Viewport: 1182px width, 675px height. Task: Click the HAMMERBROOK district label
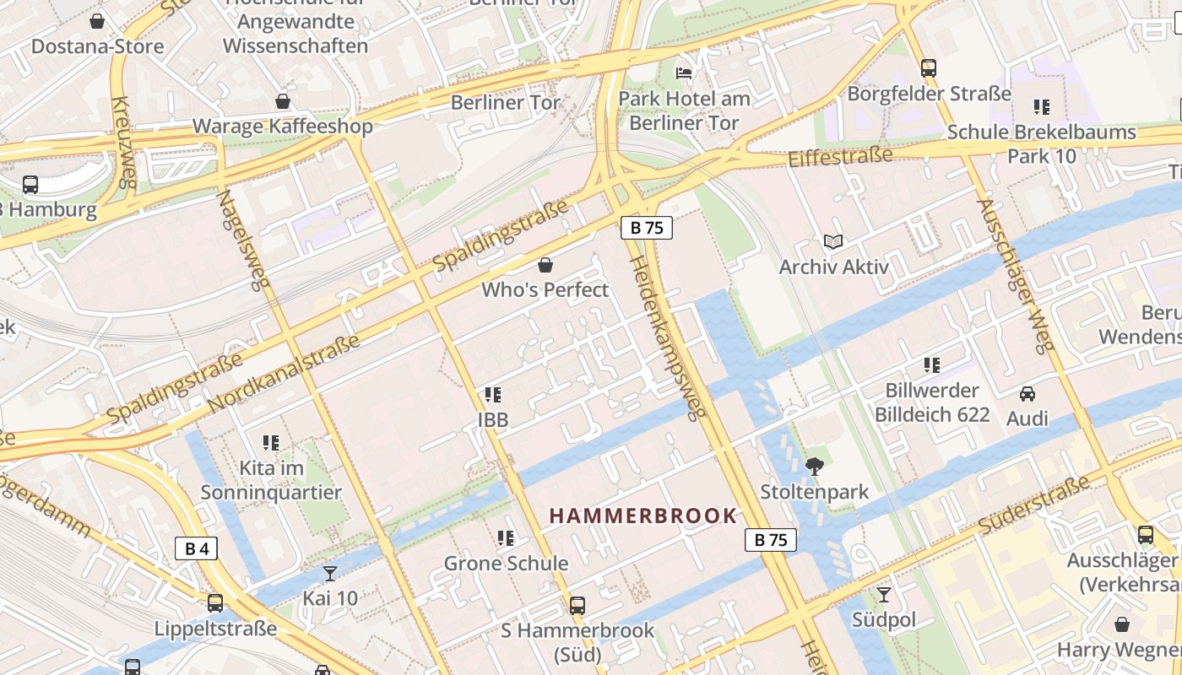pos(643,516)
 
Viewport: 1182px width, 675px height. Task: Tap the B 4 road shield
pos(196,549)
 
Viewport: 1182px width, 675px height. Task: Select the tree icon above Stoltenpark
pos(815,466)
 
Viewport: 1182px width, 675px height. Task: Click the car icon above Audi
pos(1027,394)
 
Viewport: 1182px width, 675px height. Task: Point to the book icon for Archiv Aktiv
pos(833,242)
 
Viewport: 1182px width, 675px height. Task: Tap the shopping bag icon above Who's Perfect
pos(545,265)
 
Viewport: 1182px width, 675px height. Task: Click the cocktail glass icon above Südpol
pos(884,595)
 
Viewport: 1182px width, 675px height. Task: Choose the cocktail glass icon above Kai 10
pos(330,574)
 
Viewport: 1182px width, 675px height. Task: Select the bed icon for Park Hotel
pos(684,73)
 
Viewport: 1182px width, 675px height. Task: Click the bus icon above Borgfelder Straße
pos(929,68)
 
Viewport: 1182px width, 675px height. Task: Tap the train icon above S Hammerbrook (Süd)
pos(577,605)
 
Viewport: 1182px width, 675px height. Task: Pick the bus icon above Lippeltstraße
pos(215,603)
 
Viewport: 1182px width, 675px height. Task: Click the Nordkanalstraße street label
pos(284,374)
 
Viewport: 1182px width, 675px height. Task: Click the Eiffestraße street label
pos(839,157)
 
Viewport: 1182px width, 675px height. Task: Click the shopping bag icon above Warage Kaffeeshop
pos(283,102)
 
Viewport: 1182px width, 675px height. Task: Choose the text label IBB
pos(493,419)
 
